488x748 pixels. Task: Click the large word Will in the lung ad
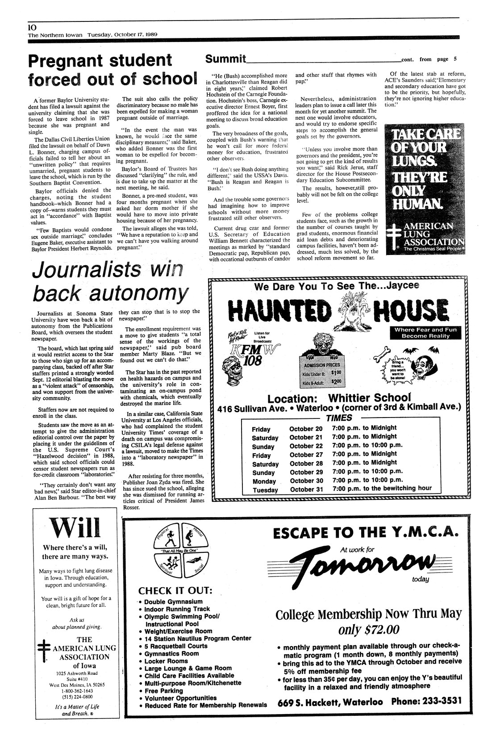(x=75, y=529)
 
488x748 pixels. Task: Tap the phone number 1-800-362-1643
(x=75, y=690)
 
